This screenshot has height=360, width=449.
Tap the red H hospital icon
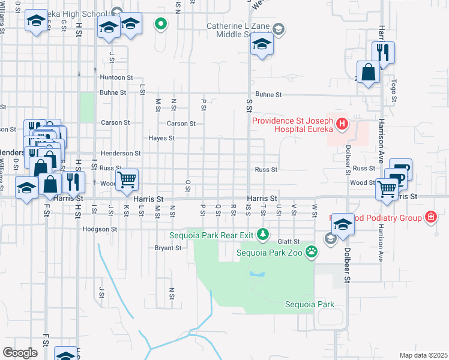point(342,124)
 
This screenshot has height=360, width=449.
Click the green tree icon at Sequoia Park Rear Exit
point(262,234)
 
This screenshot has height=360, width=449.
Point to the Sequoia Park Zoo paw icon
point(311,252)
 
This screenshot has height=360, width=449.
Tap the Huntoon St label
point(116,78)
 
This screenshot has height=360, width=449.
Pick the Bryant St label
point(167,247)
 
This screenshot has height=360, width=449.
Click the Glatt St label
point(288,241)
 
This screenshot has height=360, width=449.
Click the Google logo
point(20,352)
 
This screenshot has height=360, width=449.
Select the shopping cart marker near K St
point(127,179)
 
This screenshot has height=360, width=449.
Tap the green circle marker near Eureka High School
point(160,24)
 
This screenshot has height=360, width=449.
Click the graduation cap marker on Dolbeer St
point(343,225)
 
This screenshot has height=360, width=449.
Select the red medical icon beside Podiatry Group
point(430,217)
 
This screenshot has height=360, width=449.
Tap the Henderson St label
point(120,154)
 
